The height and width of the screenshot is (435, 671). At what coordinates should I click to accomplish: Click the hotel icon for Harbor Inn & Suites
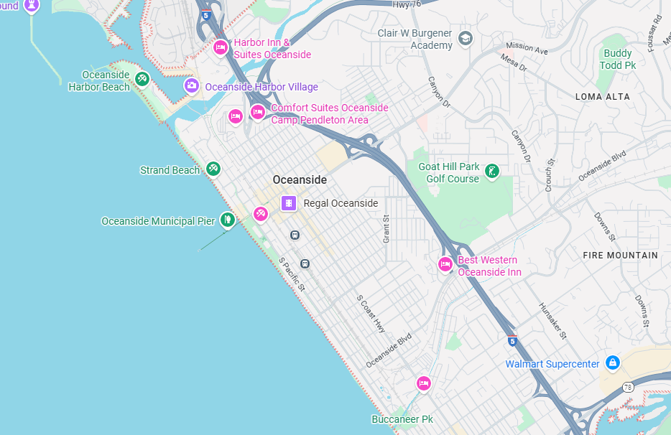click(x=221, y=48)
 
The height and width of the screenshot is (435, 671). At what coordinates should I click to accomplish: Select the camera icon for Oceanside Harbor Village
click(x=191, y=86)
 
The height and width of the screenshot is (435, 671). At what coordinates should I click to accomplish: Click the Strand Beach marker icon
click(x=213, y=169)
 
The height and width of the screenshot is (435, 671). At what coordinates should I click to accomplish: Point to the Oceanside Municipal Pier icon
click(x=228, y=220)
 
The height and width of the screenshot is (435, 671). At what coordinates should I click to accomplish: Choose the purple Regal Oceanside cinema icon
click(x=288, y=203)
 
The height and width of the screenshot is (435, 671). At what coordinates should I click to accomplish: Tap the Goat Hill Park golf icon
click(x=492, y=171)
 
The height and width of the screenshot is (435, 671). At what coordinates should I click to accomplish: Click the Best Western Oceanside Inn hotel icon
click(x=445, y=265)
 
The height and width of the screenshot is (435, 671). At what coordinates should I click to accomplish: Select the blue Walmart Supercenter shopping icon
click(x=612, y=363)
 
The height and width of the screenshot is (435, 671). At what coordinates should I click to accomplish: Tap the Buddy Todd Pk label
click(x=619, y=60)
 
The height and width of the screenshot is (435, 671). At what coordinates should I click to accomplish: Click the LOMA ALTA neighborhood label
click(x=602, y=96)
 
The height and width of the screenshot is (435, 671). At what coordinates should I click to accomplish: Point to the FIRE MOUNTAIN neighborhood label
click(x=620, y=255)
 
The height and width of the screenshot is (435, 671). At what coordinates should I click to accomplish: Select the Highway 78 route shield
click(x=629, y=388)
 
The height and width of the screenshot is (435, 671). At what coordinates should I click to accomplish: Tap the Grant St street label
click(x=386, y=228)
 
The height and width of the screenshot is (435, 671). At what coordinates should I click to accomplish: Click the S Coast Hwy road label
click(x=371, y=313)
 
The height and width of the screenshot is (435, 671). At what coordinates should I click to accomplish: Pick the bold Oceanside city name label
click(x=300, y=180)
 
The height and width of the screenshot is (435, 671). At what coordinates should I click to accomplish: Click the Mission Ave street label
click(x=527, y=49)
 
